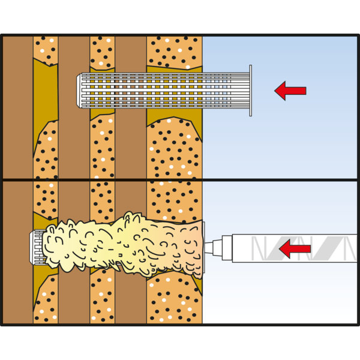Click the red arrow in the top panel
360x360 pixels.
pyautogui.click(x=290, y=91)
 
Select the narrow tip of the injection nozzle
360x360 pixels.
pyautogui.click(x=211, y=247)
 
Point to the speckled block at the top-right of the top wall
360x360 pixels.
pyautogui.click(x=175, y=51)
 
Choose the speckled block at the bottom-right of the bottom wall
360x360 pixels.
pyautogui.click(x=175, y=300)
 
